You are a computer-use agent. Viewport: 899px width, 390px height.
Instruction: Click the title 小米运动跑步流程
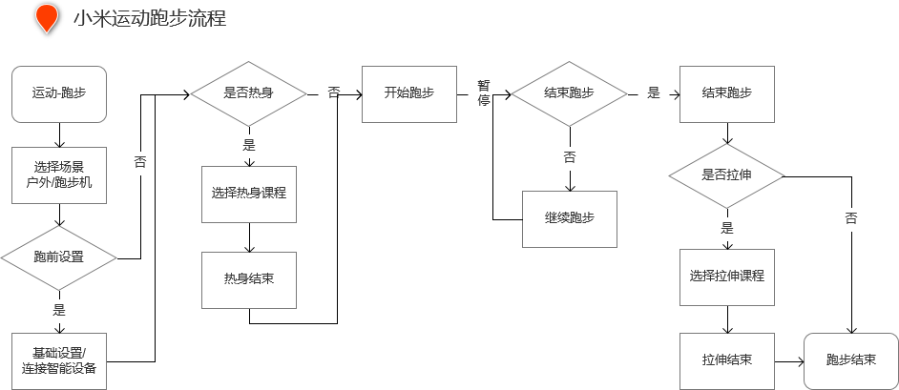(150, 17)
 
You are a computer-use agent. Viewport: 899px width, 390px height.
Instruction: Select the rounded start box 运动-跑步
(58, 93)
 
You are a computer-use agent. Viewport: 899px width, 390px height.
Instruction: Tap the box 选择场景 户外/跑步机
(58, 174)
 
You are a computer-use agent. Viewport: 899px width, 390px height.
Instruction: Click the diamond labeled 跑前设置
(58, 257)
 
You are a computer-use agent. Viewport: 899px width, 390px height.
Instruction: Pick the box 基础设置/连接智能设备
(58, 361)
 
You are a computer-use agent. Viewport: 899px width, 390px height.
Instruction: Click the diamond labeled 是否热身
(248, 93)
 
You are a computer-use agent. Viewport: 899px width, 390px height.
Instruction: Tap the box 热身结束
(249, 279)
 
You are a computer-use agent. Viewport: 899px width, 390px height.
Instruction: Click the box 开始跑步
(408, 93)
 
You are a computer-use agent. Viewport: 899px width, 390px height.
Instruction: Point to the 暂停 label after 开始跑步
(484, 93)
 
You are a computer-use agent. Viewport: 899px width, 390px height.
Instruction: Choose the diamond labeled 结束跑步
(570, 93)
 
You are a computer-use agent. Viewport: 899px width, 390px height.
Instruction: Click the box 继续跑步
(570, 218)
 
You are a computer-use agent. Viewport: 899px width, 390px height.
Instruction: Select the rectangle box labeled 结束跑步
(726, 93)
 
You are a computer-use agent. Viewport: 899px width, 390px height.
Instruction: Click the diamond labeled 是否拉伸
(727, 174)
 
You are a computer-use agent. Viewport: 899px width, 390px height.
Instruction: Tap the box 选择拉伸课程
(727, 277)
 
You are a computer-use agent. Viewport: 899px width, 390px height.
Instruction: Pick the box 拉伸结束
(727, 360)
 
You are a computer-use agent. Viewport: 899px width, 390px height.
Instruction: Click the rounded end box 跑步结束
(850, 360)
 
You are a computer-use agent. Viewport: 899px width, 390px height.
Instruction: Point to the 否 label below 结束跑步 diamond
(570, 157)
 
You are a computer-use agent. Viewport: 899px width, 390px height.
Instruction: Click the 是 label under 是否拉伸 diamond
(727, 228)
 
